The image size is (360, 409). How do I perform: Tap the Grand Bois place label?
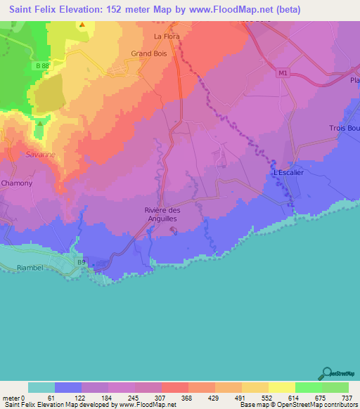click(148, 53)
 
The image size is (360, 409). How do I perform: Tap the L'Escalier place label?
click(287, 172)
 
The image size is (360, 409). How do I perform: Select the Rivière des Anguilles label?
click(161, 215)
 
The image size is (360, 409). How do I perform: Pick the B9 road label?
click(82, 262)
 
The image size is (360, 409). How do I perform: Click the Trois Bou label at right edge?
click(344, 128)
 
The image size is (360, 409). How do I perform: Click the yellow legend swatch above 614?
click(281, 387)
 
